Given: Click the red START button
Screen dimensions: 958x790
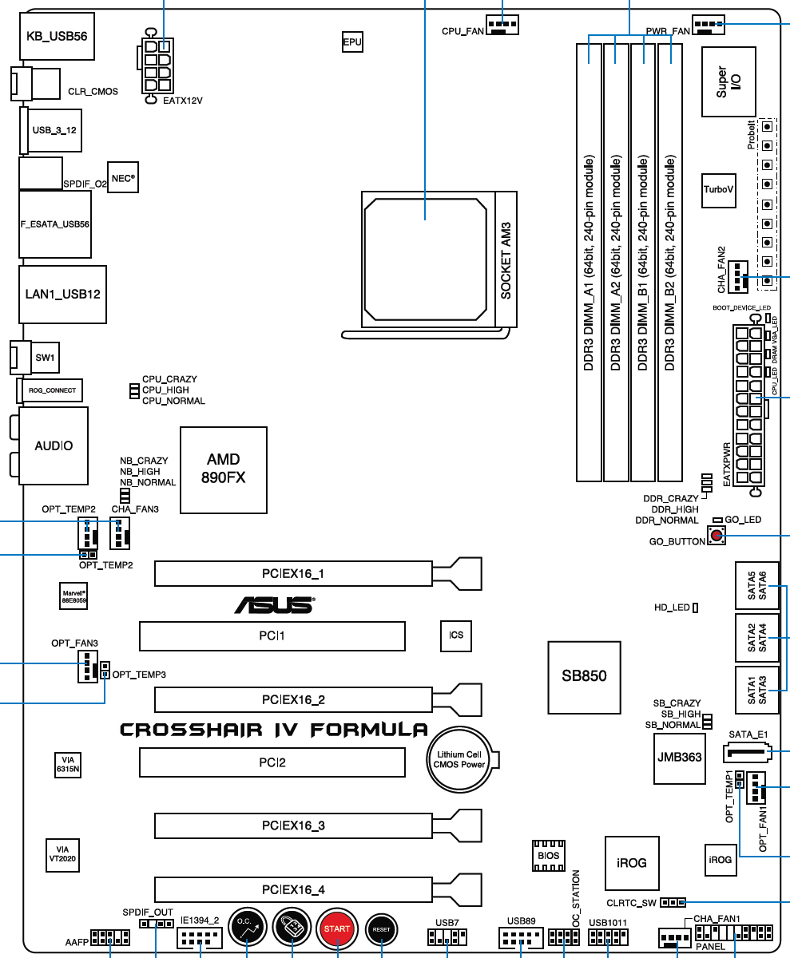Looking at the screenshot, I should (x=337, y=929).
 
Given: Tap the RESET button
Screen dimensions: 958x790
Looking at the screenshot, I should (x=381, y=929).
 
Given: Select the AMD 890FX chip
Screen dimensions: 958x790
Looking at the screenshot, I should (x=223, y=469).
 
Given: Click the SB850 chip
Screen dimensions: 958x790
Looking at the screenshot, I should (x=584, y=675).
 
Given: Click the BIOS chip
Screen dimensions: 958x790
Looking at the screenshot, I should (x=548, y=855).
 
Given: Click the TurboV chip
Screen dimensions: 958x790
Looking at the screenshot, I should (x=718, y=190).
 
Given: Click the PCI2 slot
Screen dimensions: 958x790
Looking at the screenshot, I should (x=272, y=762).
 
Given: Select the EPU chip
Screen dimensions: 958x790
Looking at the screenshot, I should (x=351, y=42).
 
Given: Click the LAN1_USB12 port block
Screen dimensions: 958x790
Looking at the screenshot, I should (x=63, y=294).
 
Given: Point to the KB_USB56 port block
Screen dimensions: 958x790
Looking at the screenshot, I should (x=57, y=36).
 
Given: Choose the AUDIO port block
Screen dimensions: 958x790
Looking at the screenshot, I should (x=54, y=445).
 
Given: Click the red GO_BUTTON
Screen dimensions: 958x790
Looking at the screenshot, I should (x=717, y=536).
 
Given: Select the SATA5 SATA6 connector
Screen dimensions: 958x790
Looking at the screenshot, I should (x=756, y=585).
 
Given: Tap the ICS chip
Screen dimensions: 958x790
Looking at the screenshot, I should (x=456, y=635).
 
